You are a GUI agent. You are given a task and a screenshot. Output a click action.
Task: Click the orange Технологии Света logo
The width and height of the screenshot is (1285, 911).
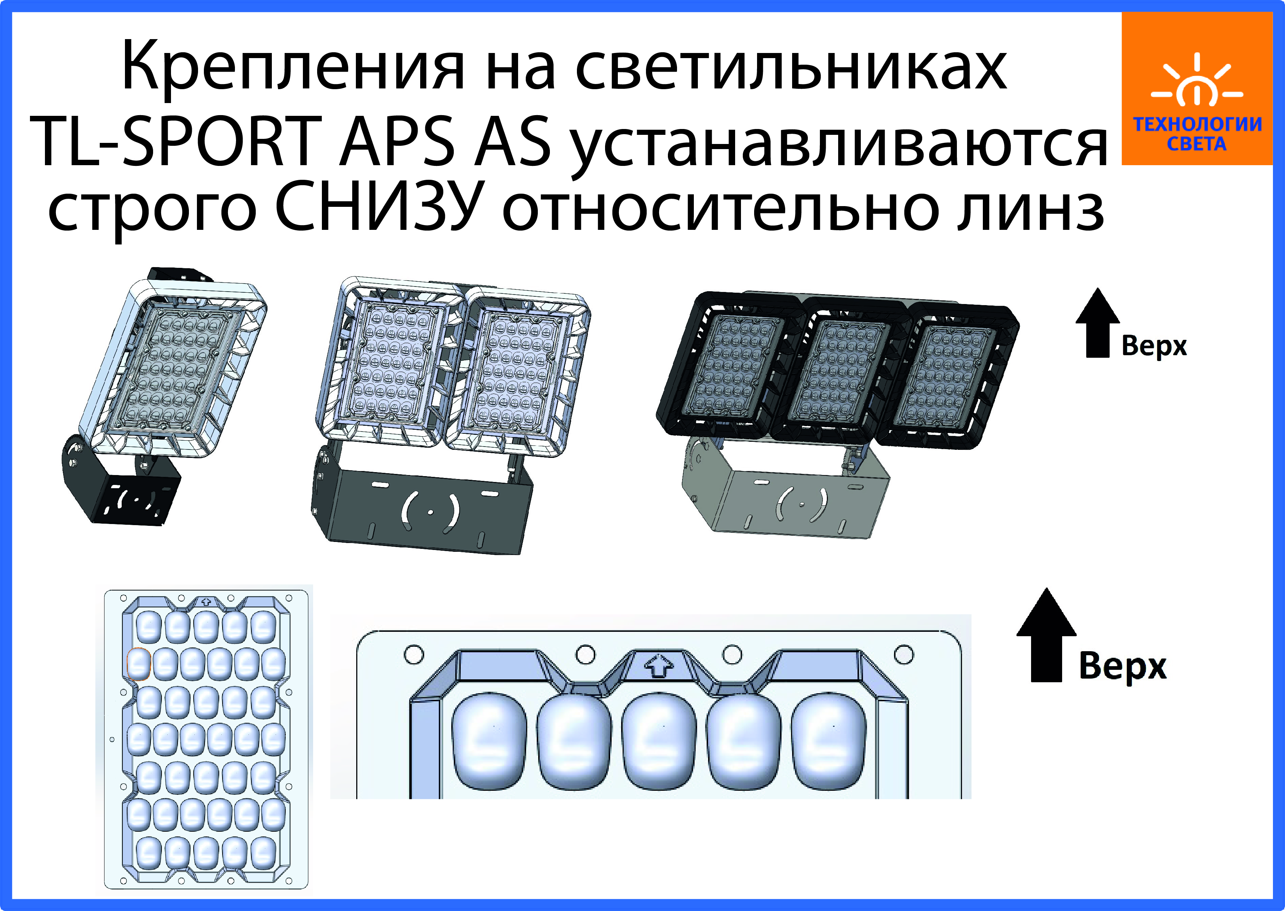[1197, 89]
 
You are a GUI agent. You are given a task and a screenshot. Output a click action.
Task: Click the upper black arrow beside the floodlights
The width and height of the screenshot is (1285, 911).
[1098, 323]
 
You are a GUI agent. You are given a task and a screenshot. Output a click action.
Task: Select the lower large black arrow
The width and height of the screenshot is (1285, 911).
[1046, 635]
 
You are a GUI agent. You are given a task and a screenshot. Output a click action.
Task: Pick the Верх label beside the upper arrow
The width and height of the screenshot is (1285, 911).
[1154, 346]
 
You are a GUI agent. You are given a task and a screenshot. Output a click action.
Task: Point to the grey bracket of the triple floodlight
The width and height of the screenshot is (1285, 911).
[785, 494]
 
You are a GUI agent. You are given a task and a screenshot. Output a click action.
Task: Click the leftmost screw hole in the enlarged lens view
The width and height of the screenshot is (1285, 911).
[414, 654]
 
